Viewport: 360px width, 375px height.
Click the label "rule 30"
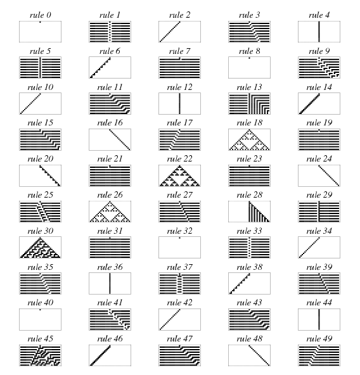pyautogui.click(x=40, y=231)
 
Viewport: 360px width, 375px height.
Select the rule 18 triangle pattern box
pyautogui.click(x=249, y=139)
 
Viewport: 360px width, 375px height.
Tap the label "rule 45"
pyautogui.click(x=40, y=339)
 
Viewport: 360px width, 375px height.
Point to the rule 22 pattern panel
pyautogui.click(x=179, y=175)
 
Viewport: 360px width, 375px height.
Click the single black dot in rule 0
pyautogui.click(x=40, y=22)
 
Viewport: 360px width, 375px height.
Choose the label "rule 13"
pyautogui.click(x=249, y=87)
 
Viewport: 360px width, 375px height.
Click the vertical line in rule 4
pyautogui.click(x=319, y=32)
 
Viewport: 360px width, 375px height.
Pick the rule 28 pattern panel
pyautogui.click(x=249, y=212)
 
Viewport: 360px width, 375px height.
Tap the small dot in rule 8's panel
pyautogui.click(x=249, y=58)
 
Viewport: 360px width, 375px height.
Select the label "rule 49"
pyautogui.click(x=319, y=339)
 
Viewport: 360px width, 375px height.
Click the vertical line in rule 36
pyautogui.click(x=110, y=283)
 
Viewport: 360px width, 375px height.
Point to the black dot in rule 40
pyautogui.click(x=40, y=310)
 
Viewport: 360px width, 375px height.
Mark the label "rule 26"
pyautogui.click(x=110, y=195)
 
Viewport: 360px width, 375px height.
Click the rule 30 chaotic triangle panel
pyautogui.click(x=40, y=248)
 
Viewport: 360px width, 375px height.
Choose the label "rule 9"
pyautogui.click(x=319, y=51)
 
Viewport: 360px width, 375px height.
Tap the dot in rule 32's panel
pyautogui.click(x=179, y=238)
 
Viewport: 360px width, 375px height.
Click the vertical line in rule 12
pyautogui.click(x=179, y=103)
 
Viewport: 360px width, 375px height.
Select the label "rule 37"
pyautogui.click(x=179, y=267)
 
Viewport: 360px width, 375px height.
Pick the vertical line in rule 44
pyautogui.click(x=319, y=319)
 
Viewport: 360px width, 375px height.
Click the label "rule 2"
pyautogui.click(x=179, y=15)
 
